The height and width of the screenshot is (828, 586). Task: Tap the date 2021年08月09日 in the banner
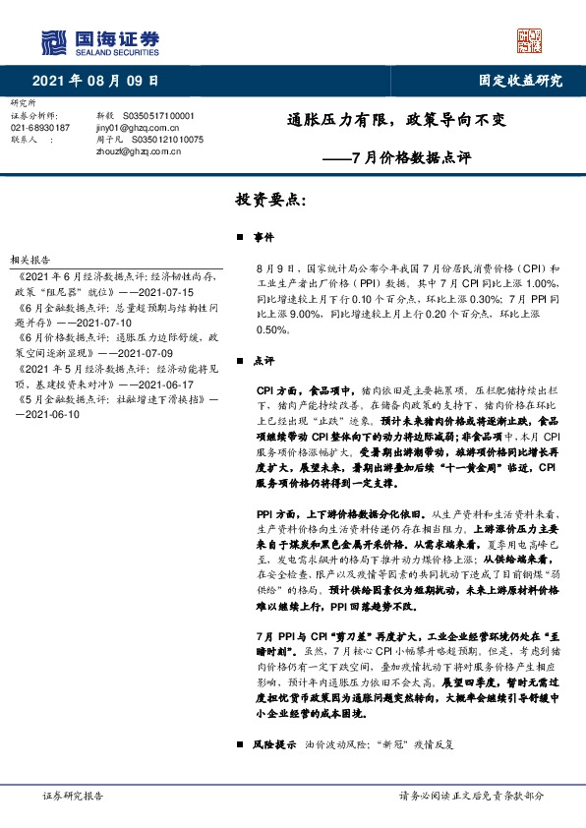(x=95, y=80)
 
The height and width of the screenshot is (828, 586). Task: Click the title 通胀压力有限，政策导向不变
(x=388, y=122)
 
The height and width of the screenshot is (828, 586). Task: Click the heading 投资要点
(x=271, y=200)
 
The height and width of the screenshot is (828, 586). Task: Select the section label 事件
(x=264, y=239)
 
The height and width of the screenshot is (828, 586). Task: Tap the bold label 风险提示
(x=273, y=744)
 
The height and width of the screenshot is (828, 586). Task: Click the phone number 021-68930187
(x=40, y=128)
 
